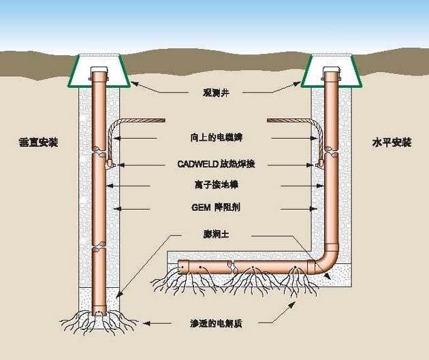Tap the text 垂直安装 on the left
click(38, 143)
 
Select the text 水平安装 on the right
click(392, 143)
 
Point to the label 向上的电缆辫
click(215, 137)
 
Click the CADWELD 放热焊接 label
click(215, 164)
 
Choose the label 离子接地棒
click(215, 184)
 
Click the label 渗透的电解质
click(215, 324)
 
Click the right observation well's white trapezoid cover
click(330, 69)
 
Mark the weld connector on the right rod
click(319, 163)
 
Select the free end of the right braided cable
click(269, 120)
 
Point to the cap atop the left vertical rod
click(99, 70)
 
